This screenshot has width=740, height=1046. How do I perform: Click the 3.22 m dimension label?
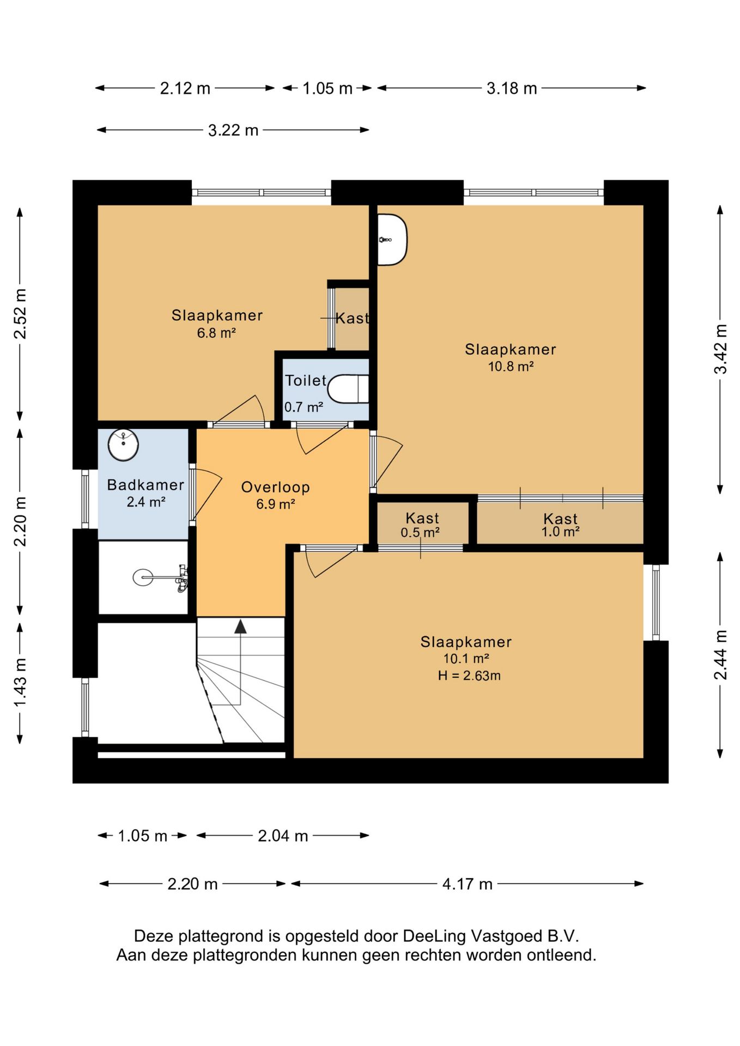[233, 130]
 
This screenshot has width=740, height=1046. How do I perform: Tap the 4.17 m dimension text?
[467, 884]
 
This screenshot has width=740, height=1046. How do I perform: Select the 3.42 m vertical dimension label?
[720, 349]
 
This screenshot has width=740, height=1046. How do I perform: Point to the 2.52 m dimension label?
[20, 314]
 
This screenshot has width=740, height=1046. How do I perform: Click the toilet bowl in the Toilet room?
[349, 388]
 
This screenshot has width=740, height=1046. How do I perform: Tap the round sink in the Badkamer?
[123, 445]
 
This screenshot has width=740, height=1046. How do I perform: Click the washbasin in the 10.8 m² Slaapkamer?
[392, 240]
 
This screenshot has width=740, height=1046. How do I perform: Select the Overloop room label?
[275, 487]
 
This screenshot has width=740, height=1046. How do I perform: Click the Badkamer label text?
[145, 485]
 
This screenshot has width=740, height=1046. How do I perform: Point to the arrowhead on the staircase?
[240, 626]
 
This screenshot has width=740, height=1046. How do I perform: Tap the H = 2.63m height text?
[469, 676]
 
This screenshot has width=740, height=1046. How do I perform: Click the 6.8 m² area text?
[216, 333]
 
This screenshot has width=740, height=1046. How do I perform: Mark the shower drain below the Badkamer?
[143, 577]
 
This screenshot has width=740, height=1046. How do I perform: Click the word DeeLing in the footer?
[434, 936]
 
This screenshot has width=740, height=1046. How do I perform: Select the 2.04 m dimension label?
[283, 836]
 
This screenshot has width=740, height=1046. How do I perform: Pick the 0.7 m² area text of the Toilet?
[304, 407]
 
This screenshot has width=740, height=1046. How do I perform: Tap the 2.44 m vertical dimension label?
[720, 655]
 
